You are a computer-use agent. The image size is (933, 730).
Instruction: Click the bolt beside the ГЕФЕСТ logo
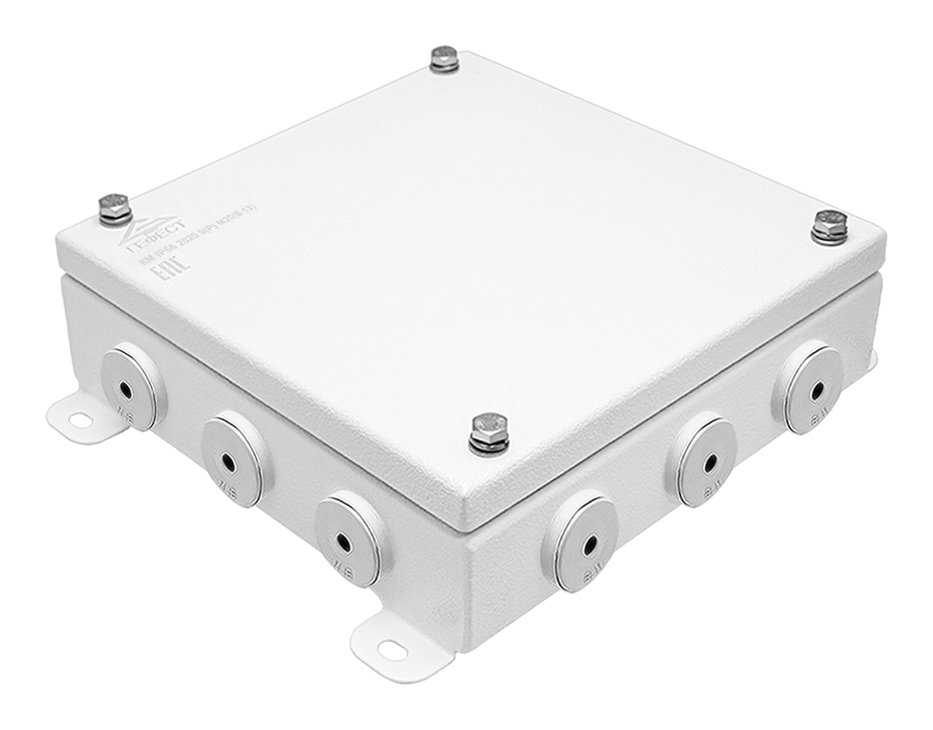tap(114, 208)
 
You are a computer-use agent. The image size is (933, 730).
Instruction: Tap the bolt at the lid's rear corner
tap(442, 58)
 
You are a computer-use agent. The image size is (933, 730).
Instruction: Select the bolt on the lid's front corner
tap(487, 432)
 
